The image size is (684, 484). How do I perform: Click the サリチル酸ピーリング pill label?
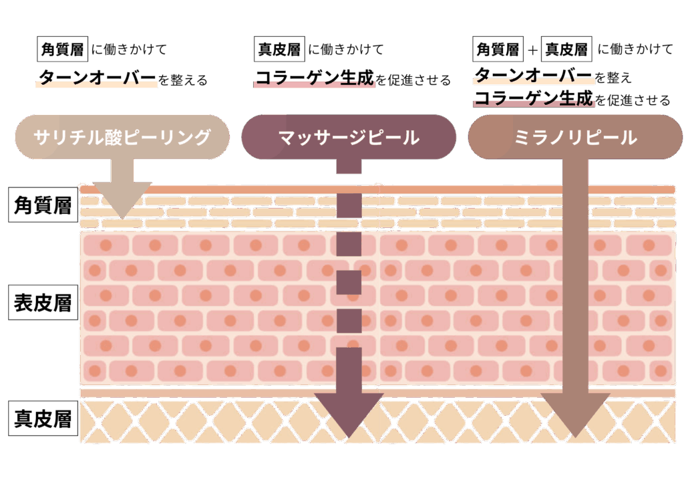click(x=122, y=137)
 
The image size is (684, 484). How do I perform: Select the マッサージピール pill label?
click(x=348, y=137)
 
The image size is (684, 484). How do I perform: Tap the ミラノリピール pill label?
click(x=575, y=137)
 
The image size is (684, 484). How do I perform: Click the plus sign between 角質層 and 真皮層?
click(x=532, y=49)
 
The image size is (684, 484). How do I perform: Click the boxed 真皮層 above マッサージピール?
click(x=279, y=49)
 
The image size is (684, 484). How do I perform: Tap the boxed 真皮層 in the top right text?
click(x=565, y=49)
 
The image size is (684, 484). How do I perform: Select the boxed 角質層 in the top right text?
click(x=497, y=49)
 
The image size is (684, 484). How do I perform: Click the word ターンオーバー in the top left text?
click(x=97, y=77)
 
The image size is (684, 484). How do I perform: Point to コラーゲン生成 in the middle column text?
click(x=314, y=78)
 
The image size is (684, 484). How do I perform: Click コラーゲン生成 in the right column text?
click(x=533, y=99)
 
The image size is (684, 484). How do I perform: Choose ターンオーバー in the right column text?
click(x=533, y=74)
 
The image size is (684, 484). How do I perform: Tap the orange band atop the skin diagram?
click(x=377, y=190)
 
